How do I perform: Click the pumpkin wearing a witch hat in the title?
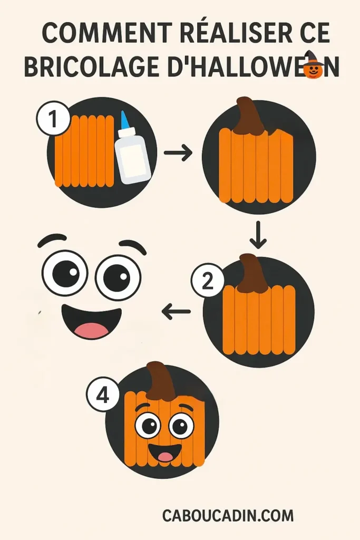point(314,67)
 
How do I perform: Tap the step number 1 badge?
point(53,120)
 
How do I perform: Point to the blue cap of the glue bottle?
point(124,119)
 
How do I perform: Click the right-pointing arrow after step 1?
point(178,153)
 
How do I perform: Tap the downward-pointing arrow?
point(258,236)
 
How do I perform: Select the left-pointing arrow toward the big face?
point(176,312)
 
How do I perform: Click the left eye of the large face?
point(65,273)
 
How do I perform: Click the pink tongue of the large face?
point(91,330)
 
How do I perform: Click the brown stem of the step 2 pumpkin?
point(252,274)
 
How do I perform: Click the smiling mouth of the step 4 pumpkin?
point(165,452)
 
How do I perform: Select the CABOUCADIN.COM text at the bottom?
point(228,515)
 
